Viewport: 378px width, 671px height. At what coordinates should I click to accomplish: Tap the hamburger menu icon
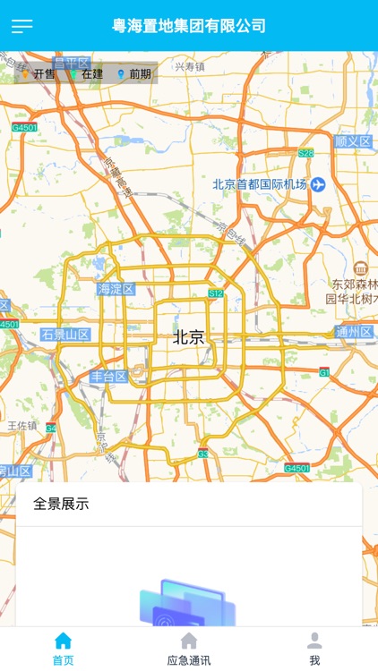coord(21,26)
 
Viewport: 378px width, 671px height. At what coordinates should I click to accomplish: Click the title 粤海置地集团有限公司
coord(189,26)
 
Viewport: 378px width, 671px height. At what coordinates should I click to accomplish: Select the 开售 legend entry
coord(39,74)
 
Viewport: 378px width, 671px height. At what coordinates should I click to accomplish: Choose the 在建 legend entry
coord(88,74)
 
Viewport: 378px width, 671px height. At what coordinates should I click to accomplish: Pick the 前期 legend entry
coord(134,74)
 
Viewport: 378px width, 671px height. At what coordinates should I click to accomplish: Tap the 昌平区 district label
coord(72,63)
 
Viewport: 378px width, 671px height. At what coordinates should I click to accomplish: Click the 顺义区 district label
coord(352,141)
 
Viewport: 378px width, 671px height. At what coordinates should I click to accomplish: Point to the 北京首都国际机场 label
coord(260,184)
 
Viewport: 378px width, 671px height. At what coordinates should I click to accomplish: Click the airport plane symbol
coord(318,184)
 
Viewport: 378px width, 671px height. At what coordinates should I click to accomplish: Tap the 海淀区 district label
coord(116,289)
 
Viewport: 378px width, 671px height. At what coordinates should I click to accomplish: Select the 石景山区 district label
coord(65,335)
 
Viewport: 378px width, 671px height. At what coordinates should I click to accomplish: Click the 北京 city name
coord(188,338)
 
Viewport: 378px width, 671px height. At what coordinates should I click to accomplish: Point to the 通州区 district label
coord(354,332)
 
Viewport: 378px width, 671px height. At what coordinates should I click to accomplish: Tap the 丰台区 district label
coord(108,377)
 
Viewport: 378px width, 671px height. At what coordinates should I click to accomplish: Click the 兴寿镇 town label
coord(189,66)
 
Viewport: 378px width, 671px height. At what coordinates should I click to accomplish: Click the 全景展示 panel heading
coord(61,504)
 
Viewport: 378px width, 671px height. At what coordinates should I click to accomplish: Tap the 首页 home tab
coord(63,649)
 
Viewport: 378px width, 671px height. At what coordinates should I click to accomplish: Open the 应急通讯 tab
coord(189,649)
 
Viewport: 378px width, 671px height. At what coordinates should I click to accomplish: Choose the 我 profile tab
coord(314,649)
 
